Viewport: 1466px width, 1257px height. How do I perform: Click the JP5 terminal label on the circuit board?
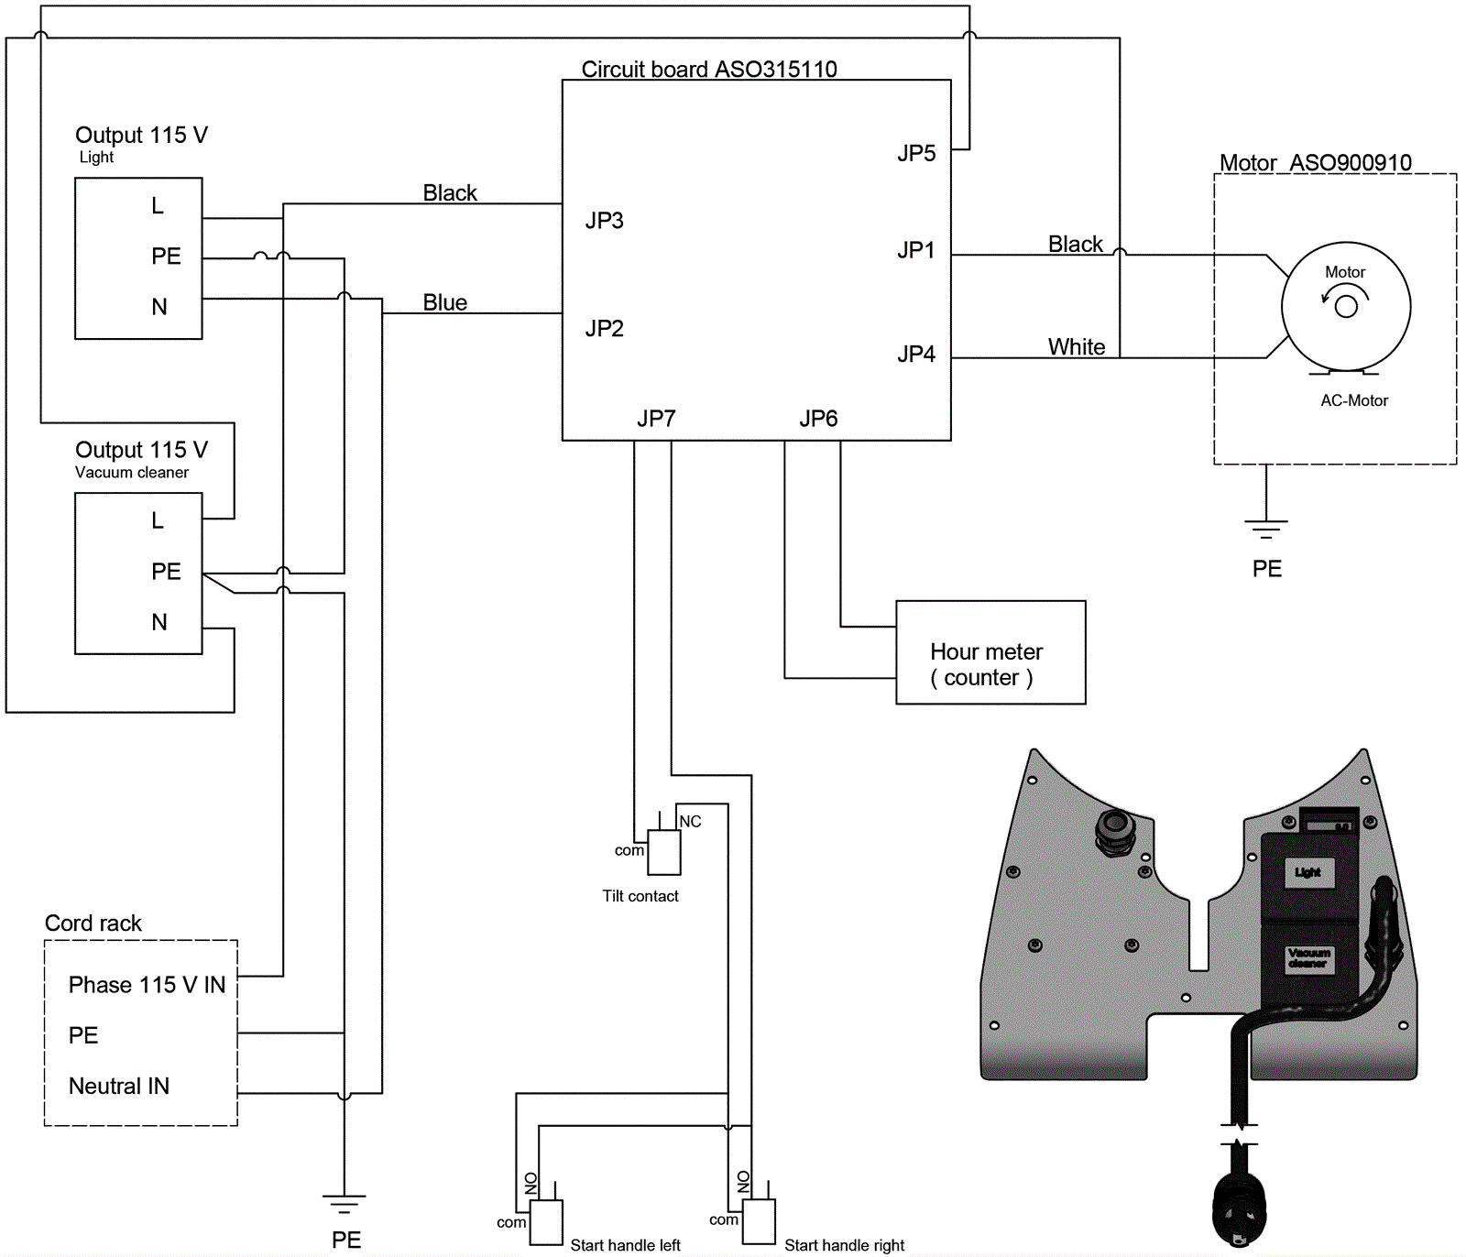coord(916,153)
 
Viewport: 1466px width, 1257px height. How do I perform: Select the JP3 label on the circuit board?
coord(605,221)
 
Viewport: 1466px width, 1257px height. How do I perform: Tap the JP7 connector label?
coord(656,419)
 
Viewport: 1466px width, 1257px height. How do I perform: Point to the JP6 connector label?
coord(818,419)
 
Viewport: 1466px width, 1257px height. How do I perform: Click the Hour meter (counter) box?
coord(990,652)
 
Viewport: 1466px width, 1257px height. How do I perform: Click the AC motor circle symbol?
coord(1345,306)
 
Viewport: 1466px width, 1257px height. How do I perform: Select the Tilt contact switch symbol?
coord(664,852)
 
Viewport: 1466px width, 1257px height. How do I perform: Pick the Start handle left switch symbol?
coord(546,1222)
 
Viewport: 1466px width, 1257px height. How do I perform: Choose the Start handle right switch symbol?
coord(759,1221)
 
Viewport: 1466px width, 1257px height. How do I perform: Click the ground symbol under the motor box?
coord(1266,528)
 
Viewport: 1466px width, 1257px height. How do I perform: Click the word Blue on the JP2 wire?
coord(445,302)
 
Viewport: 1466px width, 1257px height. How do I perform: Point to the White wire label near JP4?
coord(1077,347)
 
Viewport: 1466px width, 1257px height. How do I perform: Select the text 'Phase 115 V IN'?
coord(147,985)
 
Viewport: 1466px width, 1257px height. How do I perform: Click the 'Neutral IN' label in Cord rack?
coord(119,1087)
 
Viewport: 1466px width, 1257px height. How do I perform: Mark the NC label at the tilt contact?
coord(690,822)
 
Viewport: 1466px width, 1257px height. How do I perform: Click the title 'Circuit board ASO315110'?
coord(709,70)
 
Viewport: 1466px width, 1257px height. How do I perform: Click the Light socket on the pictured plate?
coord(1307,872)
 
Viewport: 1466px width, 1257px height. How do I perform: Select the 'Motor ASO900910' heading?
coord(1315,163)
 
